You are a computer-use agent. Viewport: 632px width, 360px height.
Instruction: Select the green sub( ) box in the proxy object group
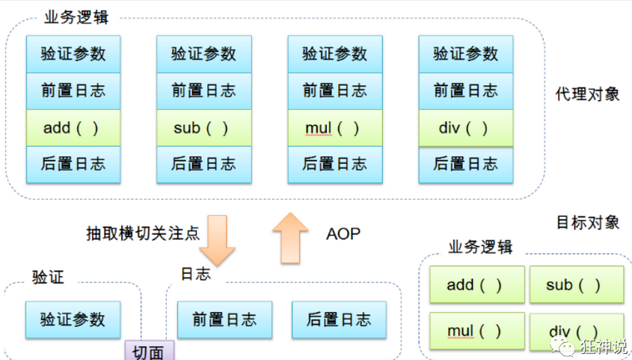click(203, 128)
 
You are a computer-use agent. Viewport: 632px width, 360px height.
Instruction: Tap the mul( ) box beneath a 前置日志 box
click(334, 128)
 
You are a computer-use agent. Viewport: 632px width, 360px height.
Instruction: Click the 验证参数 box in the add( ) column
click(73, 54)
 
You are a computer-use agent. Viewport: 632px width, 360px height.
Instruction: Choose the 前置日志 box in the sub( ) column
click(203, 91)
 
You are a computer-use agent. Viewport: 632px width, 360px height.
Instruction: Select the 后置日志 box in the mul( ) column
click(334, 164)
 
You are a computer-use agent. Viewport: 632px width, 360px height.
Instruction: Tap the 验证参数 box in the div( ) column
click(465, 54)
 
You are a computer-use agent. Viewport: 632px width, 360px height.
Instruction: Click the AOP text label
click(343, 234)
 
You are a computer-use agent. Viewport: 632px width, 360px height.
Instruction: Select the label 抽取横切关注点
click(143, 234)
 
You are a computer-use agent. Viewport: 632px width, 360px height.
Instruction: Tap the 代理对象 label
click(587, 94)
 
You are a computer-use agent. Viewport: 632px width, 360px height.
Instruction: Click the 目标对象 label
click(587, 222)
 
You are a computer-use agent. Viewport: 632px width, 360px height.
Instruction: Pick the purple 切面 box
click(148, 351)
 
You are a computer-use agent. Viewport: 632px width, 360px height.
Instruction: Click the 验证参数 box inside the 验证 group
click(73, 320)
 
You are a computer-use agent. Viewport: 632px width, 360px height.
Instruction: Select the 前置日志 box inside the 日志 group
click(224, 320)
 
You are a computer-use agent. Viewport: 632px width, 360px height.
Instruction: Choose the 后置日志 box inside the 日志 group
click(338, 320)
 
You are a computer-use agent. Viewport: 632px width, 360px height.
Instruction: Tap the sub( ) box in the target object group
click(574, 284)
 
